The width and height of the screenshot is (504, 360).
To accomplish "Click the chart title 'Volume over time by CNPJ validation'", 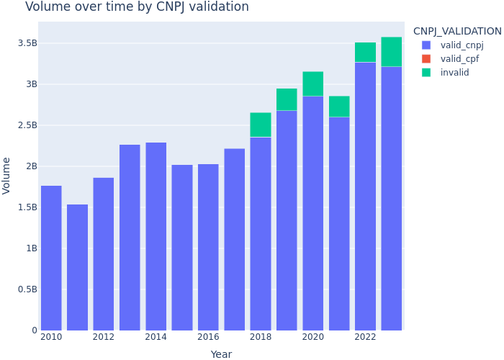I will [137, 7].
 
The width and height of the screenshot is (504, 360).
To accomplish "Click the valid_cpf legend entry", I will [459, 59].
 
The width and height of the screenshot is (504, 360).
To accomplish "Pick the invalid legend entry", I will [454, 73].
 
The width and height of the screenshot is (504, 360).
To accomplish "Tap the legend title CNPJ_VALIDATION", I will [457, 32].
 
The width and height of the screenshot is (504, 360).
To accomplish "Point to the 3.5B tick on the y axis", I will [26, 43].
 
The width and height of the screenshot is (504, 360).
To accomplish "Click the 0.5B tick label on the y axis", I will [26, 289].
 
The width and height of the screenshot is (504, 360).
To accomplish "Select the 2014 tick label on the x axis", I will [156, 337].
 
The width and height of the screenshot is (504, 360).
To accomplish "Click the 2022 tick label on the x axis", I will [365, 337].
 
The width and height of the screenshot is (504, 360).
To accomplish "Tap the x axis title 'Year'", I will [221, 354].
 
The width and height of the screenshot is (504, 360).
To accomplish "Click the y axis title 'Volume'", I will [6, 175].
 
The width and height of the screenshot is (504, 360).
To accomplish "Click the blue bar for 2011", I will [77, 267].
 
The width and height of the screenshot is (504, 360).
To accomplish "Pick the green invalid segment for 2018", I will [261, 125].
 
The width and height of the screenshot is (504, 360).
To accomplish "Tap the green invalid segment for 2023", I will [391, 52].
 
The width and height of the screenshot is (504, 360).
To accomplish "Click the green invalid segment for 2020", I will [312, 84].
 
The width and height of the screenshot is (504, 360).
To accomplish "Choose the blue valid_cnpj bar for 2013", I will [130, 238].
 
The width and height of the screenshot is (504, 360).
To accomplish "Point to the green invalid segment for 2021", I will [339, 107].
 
